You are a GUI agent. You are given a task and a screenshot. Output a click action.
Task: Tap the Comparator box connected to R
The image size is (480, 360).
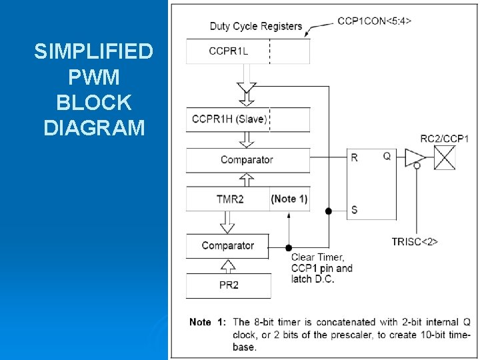click(247, 160)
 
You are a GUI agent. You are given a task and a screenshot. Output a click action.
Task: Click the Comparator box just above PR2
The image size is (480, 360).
click(228, 245)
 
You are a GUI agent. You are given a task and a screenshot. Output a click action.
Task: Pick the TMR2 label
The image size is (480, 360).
click(230, 199)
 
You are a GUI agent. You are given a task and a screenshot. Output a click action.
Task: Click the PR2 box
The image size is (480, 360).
click(228, 285)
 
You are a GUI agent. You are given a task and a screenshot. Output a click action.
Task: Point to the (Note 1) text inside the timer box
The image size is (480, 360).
click(289, 199)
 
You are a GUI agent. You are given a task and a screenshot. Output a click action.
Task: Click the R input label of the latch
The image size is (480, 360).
click(355, 158)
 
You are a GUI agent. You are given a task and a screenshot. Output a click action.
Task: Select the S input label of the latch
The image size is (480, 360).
click(355, 210)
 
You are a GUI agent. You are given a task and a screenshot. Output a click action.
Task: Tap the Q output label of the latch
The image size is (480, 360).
click(387, 157)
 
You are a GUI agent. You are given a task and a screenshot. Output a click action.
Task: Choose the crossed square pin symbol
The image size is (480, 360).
click(445, 158)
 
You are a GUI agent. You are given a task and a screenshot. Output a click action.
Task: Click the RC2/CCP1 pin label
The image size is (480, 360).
click(445, 139)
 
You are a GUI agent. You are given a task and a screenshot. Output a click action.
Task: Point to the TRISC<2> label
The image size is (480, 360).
click(415, 241)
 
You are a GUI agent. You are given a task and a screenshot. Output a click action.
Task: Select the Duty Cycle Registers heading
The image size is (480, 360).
click(256, 27)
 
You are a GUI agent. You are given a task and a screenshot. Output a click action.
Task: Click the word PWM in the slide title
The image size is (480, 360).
click(94, 78)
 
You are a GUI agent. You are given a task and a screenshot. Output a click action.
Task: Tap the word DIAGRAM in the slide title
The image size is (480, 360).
click(94, 127)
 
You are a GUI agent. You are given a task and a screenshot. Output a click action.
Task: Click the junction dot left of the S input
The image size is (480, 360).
click(328, 211)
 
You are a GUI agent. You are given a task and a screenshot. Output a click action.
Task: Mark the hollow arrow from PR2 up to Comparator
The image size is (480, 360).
click(228, 266)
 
